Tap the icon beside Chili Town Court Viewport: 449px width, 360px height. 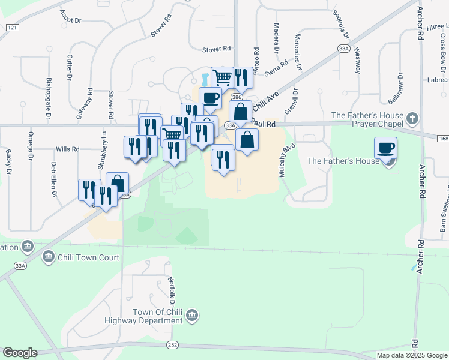49,258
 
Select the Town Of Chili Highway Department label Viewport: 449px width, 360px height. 157,316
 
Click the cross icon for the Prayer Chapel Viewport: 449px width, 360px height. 412,118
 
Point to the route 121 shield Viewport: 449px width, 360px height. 12,28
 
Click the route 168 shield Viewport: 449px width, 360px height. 442,137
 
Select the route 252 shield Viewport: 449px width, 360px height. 173,345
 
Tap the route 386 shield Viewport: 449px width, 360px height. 237,97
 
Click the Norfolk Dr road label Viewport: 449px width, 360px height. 172,287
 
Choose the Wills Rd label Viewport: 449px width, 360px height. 67,149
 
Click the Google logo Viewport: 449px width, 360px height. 20,353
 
